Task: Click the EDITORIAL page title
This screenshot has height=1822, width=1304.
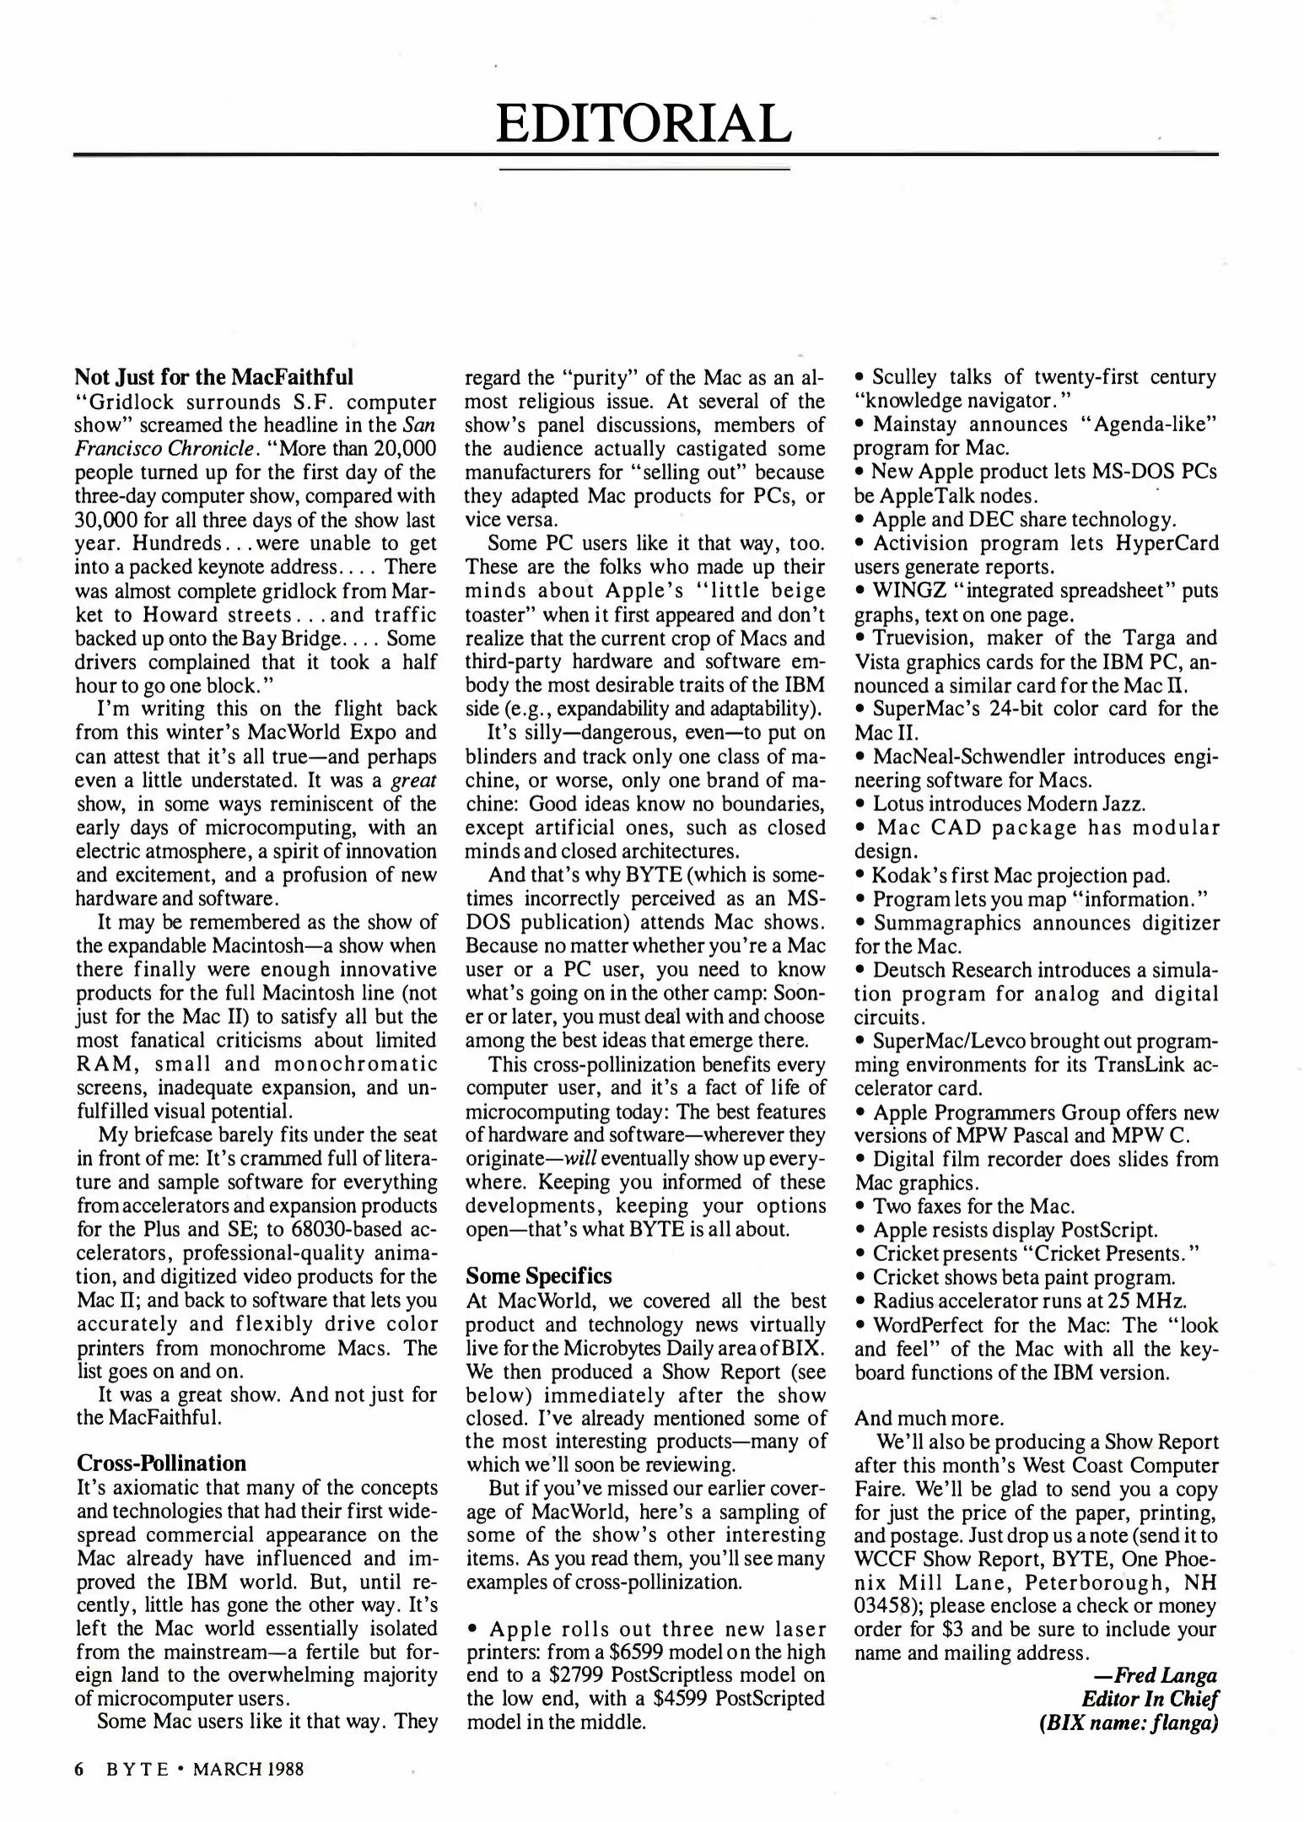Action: click(x=644, y=123)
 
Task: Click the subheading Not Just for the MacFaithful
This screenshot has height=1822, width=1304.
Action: click(x=214, y=376)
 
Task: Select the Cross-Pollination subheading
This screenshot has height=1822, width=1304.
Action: click(x=161, y=1463)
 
